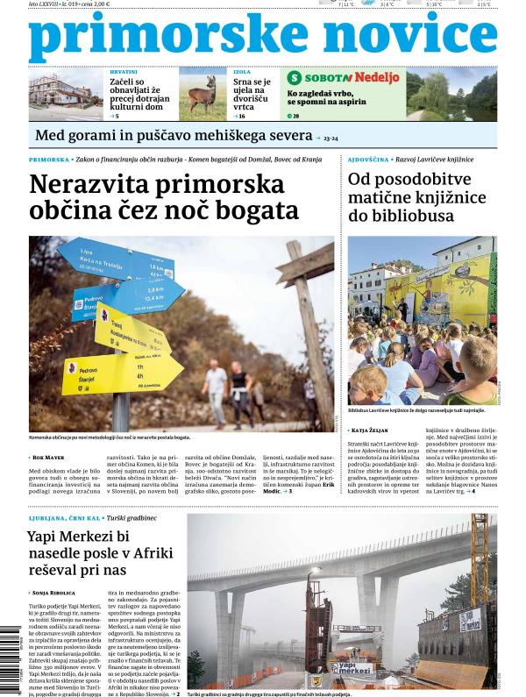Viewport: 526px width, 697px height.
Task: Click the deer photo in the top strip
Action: click(203, 94)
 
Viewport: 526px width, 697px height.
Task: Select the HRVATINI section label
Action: click(124, 71)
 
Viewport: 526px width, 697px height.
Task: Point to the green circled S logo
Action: click(295, 77)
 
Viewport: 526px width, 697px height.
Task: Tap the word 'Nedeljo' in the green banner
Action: click(376, 77)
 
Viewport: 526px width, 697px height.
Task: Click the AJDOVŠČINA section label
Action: click(368, 160)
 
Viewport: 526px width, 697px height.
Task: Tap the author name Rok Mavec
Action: click(53, 458)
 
